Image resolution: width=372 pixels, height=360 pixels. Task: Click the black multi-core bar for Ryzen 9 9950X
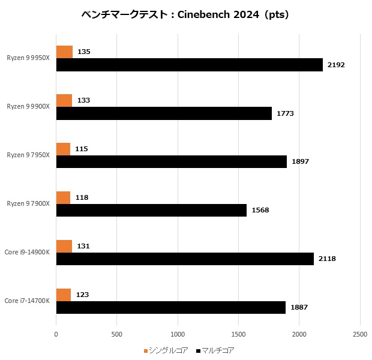point(189,65)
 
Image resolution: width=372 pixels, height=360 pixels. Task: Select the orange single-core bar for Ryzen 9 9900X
point(64,100)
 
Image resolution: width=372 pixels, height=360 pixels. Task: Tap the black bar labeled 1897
point(171,162)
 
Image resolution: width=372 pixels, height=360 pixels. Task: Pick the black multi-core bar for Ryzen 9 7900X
point(151,210)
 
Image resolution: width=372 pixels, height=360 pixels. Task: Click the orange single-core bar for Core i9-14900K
point(64,246)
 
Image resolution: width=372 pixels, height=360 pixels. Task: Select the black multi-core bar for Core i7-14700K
point(170,307)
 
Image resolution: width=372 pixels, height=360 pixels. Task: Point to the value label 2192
point(336,65)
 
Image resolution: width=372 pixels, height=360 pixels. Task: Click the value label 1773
point(285,113)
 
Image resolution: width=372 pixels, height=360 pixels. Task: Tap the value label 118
point(82,197)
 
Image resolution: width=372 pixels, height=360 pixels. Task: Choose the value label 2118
point(327,259)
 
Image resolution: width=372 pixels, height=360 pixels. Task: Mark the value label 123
point(83,295)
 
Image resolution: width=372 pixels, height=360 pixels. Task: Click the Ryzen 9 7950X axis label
point(29,155)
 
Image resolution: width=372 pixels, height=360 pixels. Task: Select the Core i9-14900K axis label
point(28,253)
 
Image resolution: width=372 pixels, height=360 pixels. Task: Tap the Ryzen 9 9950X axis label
point(29,58)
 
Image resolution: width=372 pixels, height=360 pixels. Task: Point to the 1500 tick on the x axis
point(238,334)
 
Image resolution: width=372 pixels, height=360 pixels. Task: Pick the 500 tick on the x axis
point(116,334)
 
